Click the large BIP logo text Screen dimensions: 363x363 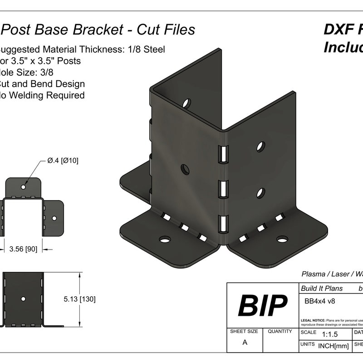(263, 305)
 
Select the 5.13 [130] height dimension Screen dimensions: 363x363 (79, 299)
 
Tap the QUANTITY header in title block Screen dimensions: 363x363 (280, 332)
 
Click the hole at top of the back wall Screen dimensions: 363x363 (186, 103)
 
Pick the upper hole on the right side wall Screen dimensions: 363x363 (260, 146)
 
